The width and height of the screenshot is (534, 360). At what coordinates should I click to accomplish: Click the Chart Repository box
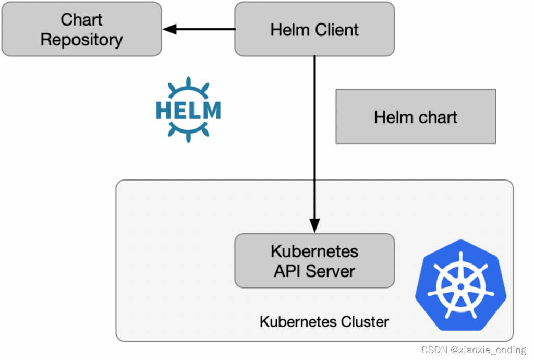81,29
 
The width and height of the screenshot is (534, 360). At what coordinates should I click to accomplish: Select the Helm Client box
314,29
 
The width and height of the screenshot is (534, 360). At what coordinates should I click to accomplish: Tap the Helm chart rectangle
416,116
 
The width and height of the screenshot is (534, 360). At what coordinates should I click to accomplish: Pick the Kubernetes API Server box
314,261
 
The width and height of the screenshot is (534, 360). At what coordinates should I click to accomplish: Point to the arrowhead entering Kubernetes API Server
314,226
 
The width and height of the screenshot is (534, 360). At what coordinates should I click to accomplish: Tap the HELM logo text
188,110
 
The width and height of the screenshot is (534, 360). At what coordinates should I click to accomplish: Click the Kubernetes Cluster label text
324,321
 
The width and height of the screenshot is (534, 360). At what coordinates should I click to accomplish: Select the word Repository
81,40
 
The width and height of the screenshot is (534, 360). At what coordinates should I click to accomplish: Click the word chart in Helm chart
438,117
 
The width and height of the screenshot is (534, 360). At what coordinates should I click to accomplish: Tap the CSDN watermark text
433,350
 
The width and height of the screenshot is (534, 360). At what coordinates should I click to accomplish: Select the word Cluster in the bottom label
365,321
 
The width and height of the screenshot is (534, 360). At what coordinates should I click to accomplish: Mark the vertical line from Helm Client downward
314,136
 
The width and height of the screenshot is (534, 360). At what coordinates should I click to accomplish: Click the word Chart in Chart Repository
81,19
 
